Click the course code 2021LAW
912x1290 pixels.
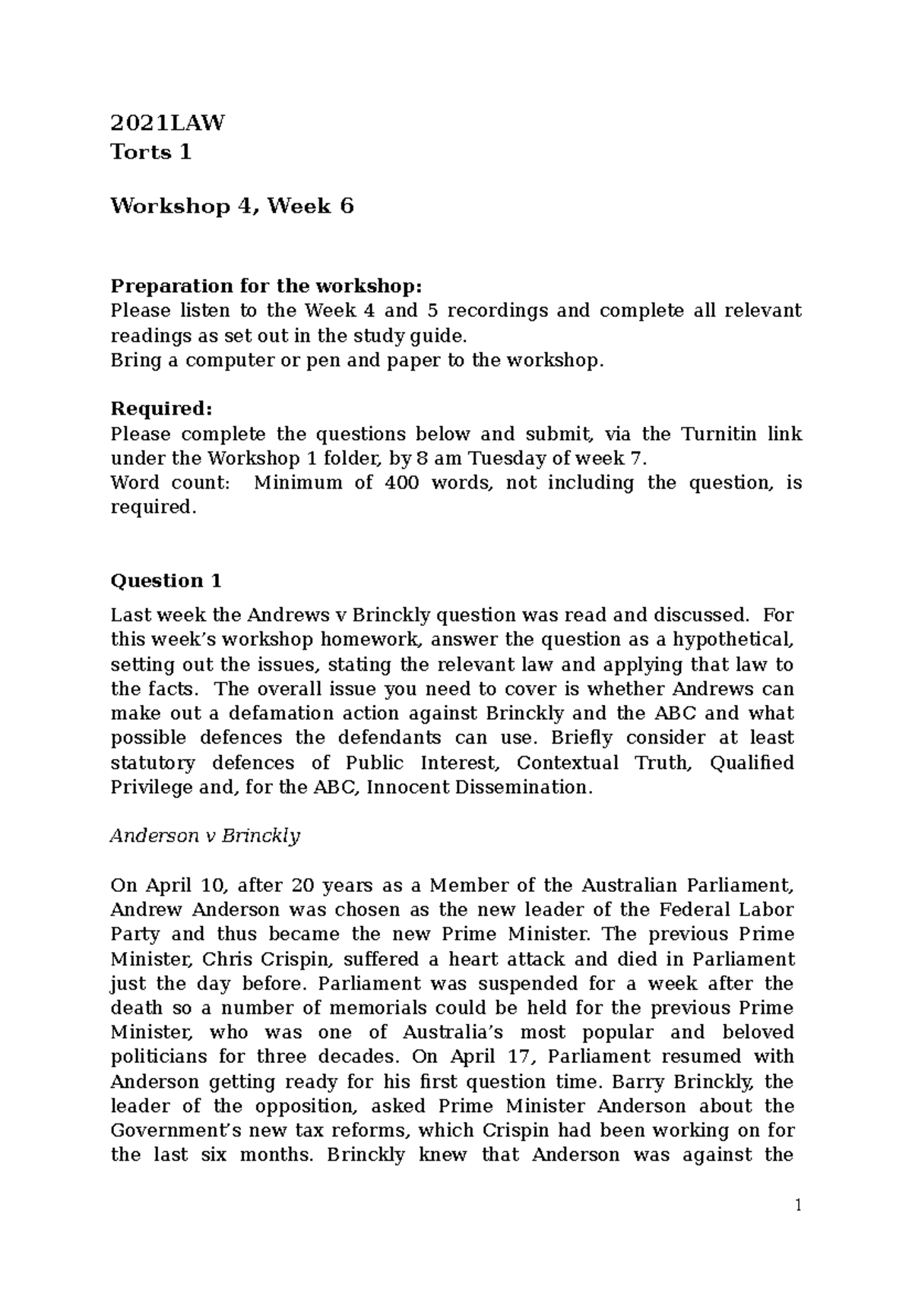pyautogui.click(x=167, y=123)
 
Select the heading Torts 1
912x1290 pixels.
pyautogui.click(x=150, y=153)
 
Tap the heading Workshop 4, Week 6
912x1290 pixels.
pyautogui.click(x=232, y=206)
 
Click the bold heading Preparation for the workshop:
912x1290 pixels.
pyautogui.click(x=265, y=286)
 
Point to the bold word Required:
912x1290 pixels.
pyautogui.click(x=162, y=409)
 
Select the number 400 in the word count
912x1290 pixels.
pyautogui.click(x=401, y=482)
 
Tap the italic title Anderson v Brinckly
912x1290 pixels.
pyautogui.click(x=205, y=836)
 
